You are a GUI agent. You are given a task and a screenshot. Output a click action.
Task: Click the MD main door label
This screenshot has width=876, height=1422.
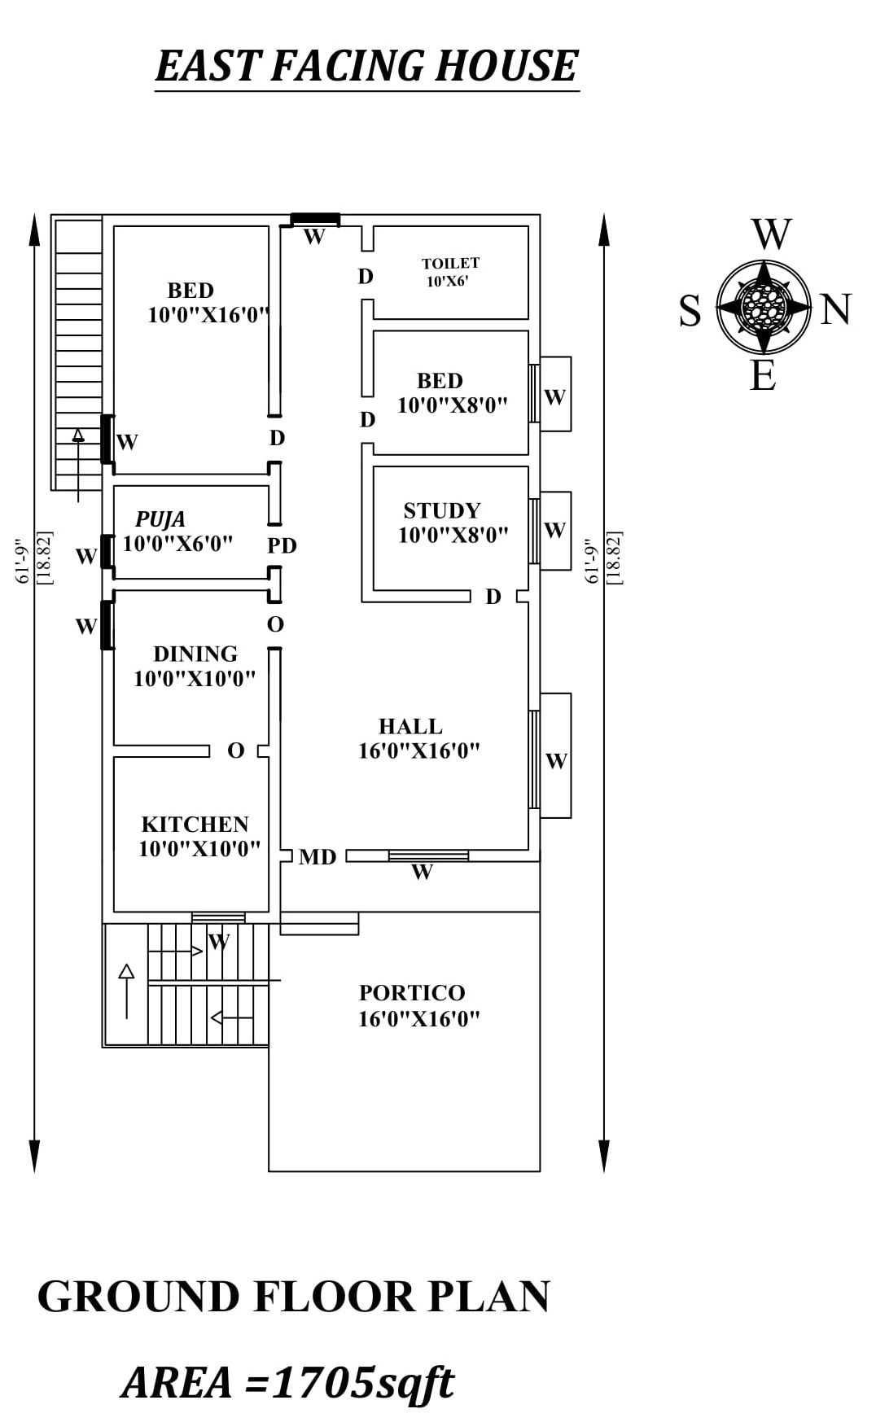(x=318, y=856)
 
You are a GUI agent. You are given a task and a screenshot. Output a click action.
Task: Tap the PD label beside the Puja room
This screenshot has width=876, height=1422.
(x=283, y=545)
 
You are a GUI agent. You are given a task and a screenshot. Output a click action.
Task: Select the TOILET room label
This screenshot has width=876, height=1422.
(x=450, y=263)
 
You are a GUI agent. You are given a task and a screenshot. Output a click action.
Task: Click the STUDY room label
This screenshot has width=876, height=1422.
(x=442, y=510)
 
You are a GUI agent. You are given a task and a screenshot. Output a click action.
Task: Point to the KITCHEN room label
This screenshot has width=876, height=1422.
(x=195, y=824)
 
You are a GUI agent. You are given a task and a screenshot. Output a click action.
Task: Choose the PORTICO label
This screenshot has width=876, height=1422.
(x=412, y=992)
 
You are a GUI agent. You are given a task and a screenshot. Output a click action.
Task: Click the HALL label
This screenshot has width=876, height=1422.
(x=410, y=726)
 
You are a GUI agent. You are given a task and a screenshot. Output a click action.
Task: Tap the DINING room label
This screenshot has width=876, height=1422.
(x=195, y=654)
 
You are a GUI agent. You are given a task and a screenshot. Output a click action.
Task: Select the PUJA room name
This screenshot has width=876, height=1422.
(x=160, y=519)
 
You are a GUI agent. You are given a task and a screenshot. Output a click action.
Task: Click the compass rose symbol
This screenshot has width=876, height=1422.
(x=764, y=308)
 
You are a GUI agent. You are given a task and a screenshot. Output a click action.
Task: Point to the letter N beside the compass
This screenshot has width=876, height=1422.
(x=835, y=310)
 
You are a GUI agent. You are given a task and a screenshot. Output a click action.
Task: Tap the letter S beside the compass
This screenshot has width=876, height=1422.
(x=690, y=311)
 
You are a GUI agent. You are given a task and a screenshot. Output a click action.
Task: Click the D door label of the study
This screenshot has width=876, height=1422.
(x=493, y=597)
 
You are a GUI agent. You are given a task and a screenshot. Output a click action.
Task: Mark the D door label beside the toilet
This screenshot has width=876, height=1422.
(x=366, y=277)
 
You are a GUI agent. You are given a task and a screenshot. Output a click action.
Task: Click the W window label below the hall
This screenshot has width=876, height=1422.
(x=422, y=873)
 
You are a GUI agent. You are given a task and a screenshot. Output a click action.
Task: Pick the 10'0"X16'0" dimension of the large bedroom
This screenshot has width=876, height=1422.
(x=208, y=315)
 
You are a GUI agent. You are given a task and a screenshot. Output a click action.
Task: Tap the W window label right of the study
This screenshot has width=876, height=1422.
(x=554, y=530)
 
